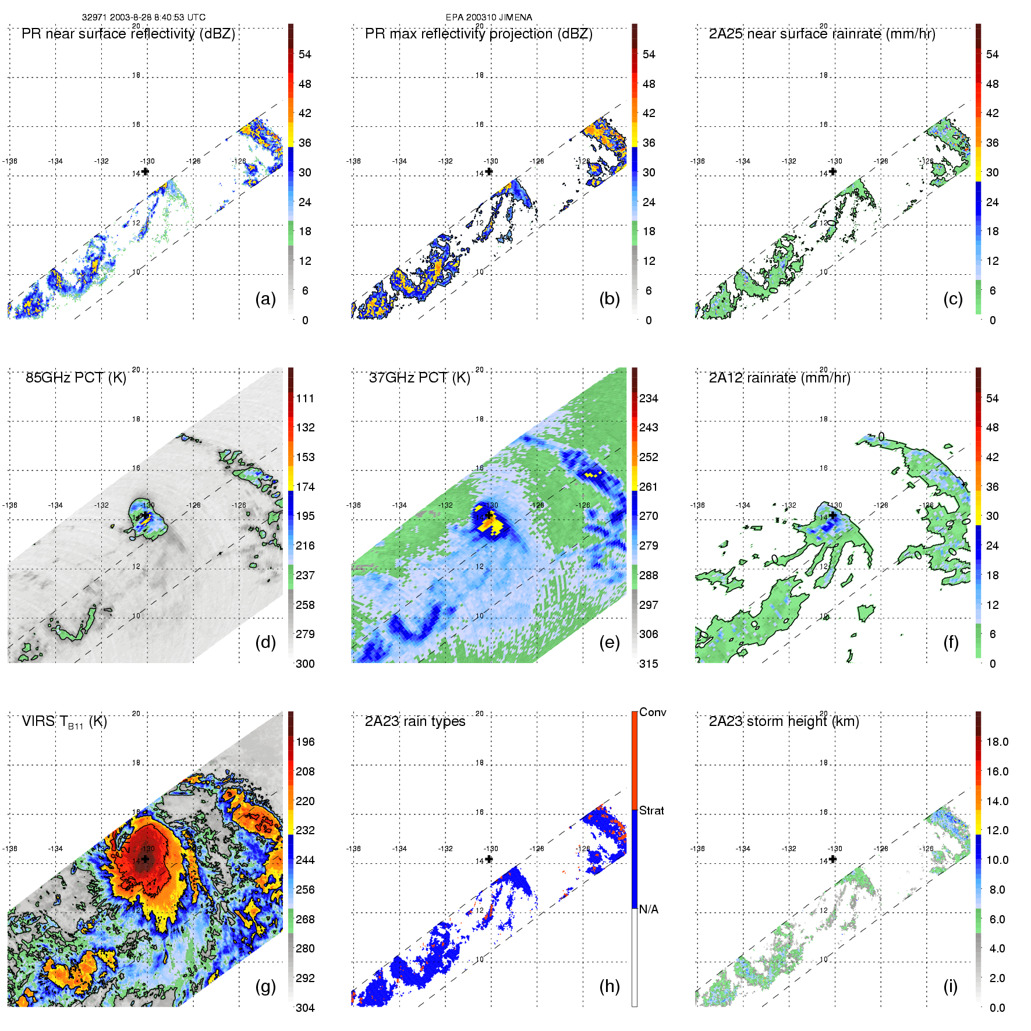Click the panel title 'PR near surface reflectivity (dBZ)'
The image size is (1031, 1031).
(128, 34)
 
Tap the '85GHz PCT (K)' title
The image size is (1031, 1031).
(76, 378)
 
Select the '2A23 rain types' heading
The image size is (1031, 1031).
(414, 721)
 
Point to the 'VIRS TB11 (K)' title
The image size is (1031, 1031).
(64, 722)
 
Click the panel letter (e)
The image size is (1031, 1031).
(610, 642)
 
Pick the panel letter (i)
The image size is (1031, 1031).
(950, 986)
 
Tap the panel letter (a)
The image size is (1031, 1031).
(265, 299)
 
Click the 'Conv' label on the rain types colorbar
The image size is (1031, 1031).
(652, 712)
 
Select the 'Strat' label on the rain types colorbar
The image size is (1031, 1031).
(651, 810)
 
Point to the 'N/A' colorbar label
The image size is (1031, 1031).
(648, 909)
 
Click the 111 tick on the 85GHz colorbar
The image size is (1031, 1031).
(305, 399)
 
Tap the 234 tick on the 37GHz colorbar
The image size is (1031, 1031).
(649, 399)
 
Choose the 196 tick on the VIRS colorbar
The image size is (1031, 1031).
(305, 742)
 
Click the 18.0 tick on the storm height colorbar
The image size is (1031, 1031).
(997, 742)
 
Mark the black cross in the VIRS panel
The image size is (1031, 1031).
(145, 859)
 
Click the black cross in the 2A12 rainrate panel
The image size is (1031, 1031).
(833, 515)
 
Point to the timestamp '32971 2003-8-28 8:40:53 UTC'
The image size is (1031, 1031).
(143, 17)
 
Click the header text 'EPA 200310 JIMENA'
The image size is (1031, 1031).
(488, 17)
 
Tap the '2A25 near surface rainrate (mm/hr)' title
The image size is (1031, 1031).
(821, 34)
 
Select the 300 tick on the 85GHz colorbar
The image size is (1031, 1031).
(305, 664)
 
